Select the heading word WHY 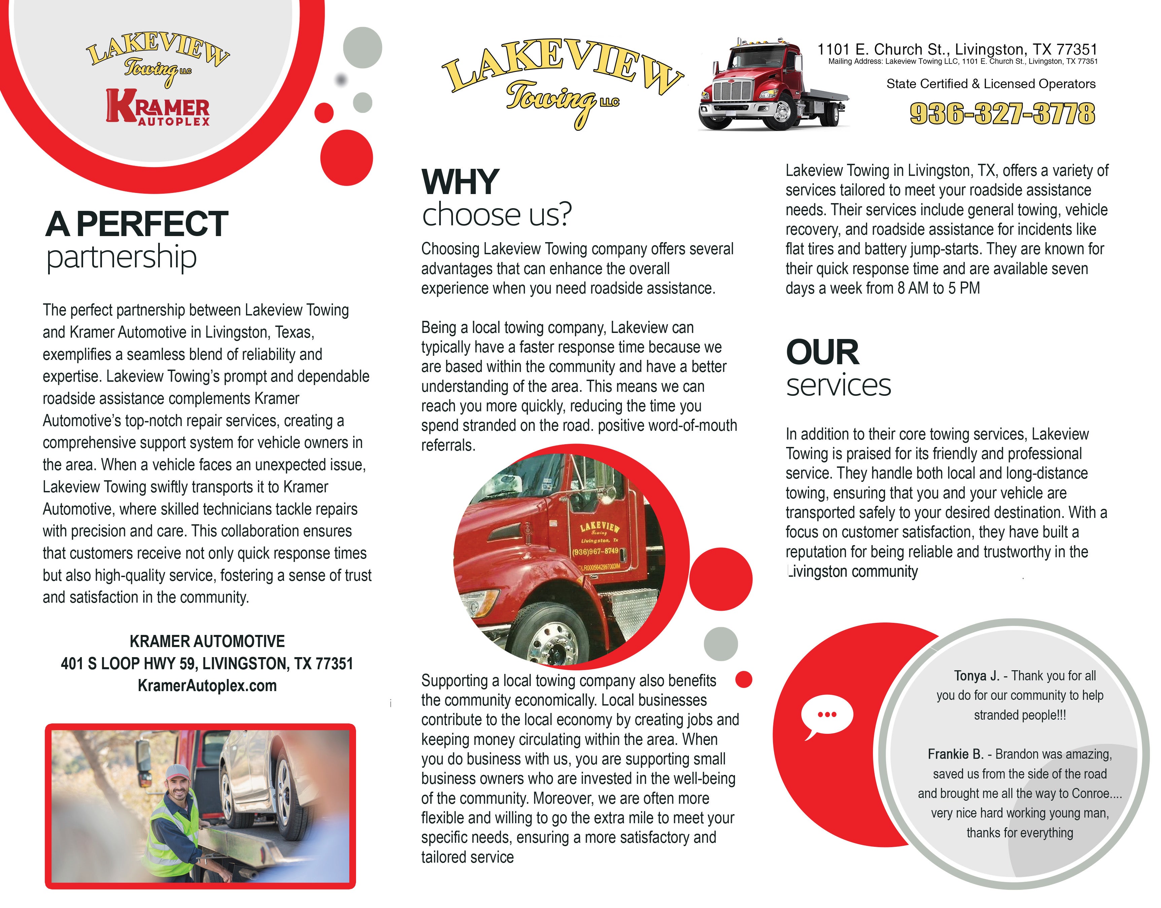460,182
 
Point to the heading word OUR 822,352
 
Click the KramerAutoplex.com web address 207,686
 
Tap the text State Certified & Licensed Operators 991,84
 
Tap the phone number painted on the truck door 595,551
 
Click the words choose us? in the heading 497,215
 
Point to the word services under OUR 838,385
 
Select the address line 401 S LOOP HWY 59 207,664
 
